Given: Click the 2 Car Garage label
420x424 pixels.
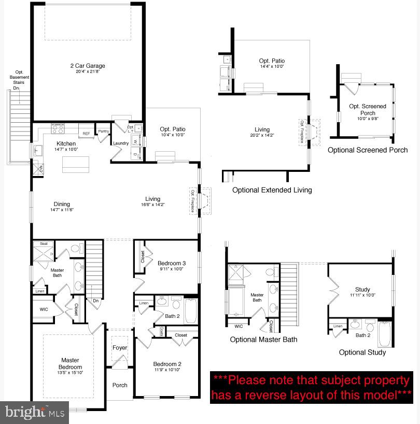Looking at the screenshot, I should point(88,66).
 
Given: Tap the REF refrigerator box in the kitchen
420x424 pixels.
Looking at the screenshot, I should point(86,134).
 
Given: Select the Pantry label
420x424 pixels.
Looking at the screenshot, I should point(103,131).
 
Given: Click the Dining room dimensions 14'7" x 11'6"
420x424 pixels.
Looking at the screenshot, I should point(61,210).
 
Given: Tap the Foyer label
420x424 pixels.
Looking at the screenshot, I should point(120,348).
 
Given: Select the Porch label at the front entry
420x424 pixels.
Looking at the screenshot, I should point(120,385).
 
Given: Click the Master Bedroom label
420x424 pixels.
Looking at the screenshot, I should point(70,363).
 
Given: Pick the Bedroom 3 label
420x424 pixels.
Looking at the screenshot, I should point(172,263).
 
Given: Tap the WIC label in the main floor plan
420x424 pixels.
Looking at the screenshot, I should point(44,310).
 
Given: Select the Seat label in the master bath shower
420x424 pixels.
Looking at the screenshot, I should point(44,243).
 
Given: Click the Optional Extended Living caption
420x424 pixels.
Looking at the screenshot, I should point(272,190).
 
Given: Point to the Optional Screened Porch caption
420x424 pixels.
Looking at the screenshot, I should point(368,150).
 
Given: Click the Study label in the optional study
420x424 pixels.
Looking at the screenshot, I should point(362,289).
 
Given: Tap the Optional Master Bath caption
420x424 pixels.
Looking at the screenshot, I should point(264,340).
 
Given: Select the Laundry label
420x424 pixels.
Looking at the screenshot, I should point(120,143).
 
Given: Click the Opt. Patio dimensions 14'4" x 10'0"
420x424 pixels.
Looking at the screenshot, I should point(272,66).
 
